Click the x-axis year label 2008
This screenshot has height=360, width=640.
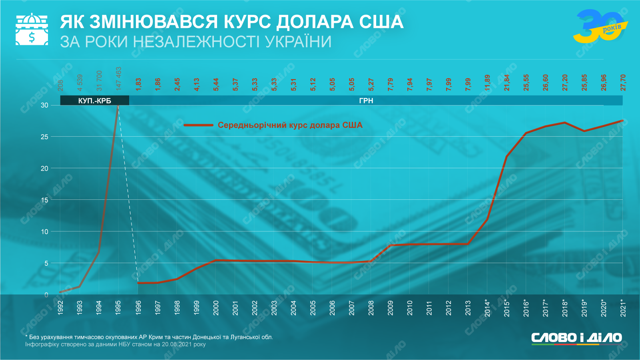[371, 308]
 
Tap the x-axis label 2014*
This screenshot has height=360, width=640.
[487, 308]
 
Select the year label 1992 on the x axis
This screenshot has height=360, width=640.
[60, 308]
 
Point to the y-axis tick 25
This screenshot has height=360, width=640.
[44, 137]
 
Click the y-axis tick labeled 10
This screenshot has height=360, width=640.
[44, 232]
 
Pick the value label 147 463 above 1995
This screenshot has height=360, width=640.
[118, 79]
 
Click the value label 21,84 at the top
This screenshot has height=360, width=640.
[506, 83]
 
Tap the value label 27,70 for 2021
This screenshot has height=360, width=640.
[623, 83]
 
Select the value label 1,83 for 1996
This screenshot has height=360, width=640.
[138, 84]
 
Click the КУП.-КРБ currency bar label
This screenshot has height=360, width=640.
[95, 101]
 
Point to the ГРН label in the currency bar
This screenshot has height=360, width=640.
[366, 101]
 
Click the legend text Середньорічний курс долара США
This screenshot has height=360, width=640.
[290, 125]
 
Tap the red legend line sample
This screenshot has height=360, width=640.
[198, 125]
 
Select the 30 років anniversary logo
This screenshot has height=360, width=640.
[600, 26]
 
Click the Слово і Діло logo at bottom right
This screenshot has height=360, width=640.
[576, 338]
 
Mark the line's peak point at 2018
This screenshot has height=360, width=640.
[564, 123]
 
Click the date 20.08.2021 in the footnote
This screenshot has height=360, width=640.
[177, 344]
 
